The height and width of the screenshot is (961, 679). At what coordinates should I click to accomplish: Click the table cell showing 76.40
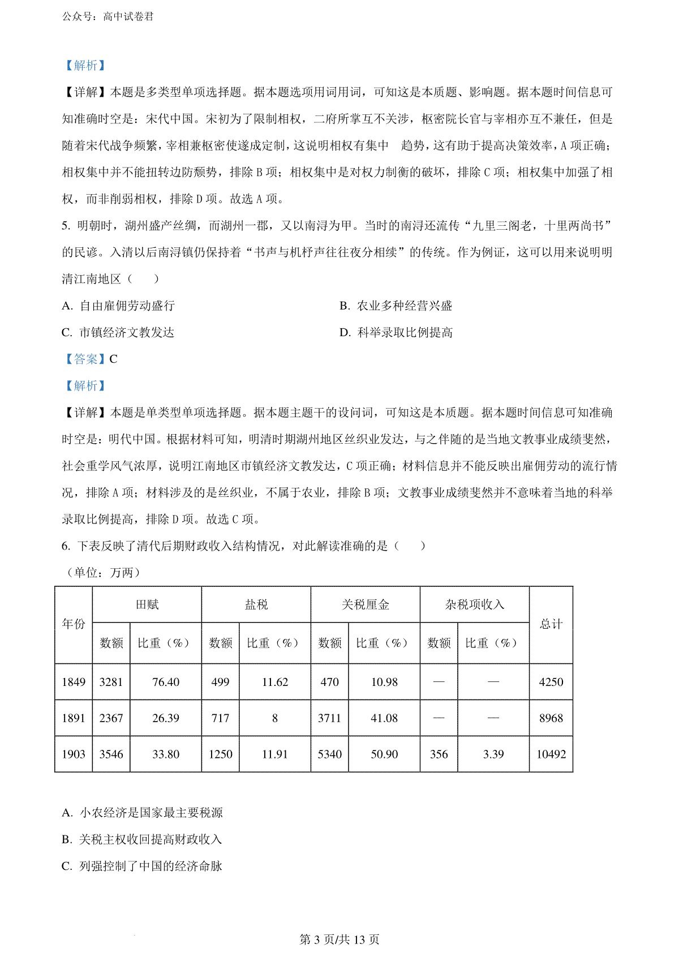point(166,682)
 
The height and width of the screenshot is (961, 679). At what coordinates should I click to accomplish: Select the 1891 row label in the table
point(74,718)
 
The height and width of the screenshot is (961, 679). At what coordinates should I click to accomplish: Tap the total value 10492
point(551,754)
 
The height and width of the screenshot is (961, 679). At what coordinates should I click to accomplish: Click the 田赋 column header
point(147,605)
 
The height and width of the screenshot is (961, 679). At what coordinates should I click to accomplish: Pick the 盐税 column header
point(256,605)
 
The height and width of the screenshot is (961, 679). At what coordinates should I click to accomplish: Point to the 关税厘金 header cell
point(366,605)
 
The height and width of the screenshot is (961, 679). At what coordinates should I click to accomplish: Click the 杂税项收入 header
point(475,605)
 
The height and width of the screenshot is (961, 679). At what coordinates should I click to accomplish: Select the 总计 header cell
point(551,624)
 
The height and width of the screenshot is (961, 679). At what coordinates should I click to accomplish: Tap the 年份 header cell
point(74,624)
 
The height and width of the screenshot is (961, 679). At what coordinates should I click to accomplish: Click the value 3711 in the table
point(330,718)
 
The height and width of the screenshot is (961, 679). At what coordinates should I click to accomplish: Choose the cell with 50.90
point(384,754)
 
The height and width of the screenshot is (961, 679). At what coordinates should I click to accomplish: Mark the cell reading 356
point(439,754)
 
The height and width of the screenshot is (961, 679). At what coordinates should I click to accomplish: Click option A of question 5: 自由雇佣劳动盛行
point(119,306)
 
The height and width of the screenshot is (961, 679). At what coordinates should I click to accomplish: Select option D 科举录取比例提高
point(396,333)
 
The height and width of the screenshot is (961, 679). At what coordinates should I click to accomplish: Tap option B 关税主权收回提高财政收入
point(142,839)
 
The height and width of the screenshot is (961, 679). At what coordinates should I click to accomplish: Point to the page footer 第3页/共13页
point(339,940)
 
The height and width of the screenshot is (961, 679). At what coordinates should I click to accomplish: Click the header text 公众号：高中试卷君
point(108,16)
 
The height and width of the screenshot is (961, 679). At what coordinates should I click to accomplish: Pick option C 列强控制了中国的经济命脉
point(142,866)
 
